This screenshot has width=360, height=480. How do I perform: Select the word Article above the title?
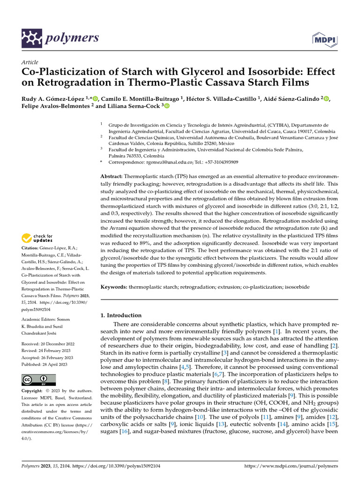(x=30, y=62)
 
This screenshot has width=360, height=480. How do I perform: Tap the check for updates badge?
(x=37, y=239)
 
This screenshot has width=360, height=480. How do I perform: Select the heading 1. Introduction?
(x=121, y=315)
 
